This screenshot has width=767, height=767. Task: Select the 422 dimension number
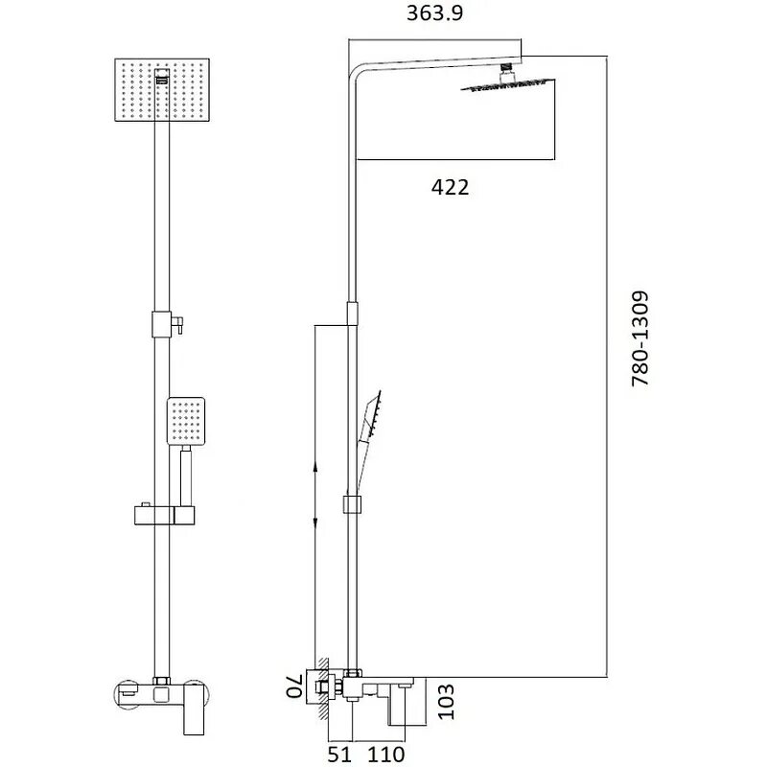point(450,188)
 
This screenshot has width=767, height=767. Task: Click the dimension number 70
point(294,686)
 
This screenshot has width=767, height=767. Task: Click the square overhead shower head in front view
point(162,90)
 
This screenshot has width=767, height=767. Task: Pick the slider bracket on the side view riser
point(352,504)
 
